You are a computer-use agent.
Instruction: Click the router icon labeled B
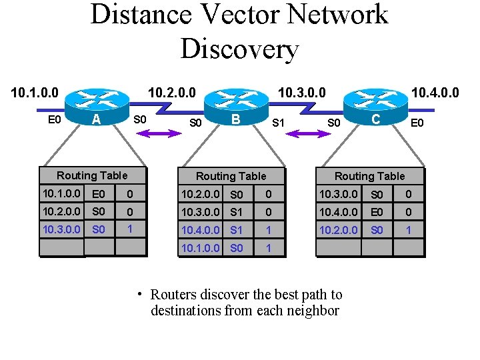pyautogui.click(x=236, y=103)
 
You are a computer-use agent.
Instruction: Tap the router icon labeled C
pyautogui.click(x=375, y=101)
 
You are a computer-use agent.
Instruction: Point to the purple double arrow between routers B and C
pyautogui.click(x=306, y=134)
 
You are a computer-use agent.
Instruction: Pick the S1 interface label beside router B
pyautogui.click(x=279, y=123)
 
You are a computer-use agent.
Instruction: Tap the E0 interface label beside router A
pyautogui.click(x=55, y=120)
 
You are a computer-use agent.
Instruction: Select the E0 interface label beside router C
pyautogui.click(x=417, y=123)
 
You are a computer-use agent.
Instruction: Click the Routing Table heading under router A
pyautogui.click(x=92, y=175)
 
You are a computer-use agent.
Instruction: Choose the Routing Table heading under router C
pyautogui.click(x=369, y=176)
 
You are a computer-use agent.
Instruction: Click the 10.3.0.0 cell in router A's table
pyautogui.click(x=61, y=229)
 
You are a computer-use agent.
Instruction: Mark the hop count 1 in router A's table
pyautogui.click(x=130, y=229)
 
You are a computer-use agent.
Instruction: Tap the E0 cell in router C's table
pyautogui.click(x=377, y=212)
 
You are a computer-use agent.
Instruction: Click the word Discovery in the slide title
pyautogui.click(x=239, y=49)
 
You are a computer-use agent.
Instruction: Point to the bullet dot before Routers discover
pyautogui.click(x=140, y=294)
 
